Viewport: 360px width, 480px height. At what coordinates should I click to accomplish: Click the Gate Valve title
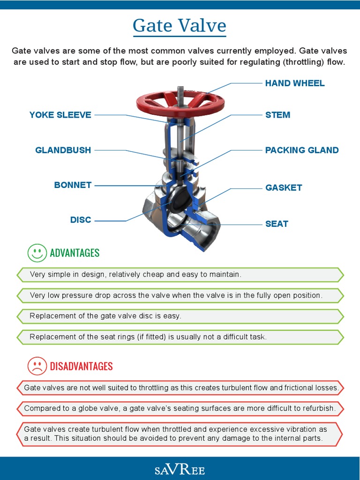coord(180,25)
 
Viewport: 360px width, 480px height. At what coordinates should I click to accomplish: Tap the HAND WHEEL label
coord(294,83)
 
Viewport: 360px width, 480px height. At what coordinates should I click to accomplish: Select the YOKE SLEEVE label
coord(60,115)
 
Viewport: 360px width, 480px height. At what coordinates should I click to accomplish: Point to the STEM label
coord(277,115)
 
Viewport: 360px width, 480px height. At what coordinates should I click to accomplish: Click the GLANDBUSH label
coord(63,150)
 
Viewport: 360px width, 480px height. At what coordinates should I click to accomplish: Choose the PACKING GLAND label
coord(301,150)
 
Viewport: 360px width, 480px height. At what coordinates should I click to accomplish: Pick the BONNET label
coord(73,185)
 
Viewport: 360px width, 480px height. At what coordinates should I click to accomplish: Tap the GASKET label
coord(284,187)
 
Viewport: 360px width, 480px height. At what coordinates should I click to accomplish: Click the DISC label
coord(81,220)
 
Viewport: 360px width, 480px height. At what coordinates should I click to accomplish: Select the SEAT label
coord(277,224)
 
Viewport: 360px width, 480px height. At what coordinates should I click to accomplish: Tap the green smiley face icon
coord(37,253)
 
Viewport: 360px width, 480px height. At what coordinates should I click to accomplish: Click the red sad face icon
coord(37,366)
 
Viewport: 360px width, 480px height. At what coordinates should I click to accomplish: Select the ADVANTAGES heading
coord(75,253)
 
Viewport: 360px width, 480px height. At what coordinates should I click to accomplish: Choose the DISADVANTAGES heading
coord(81,366)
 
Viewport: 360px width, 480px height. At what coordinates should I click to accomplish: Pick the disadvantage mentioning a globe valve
coord(180,408)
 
